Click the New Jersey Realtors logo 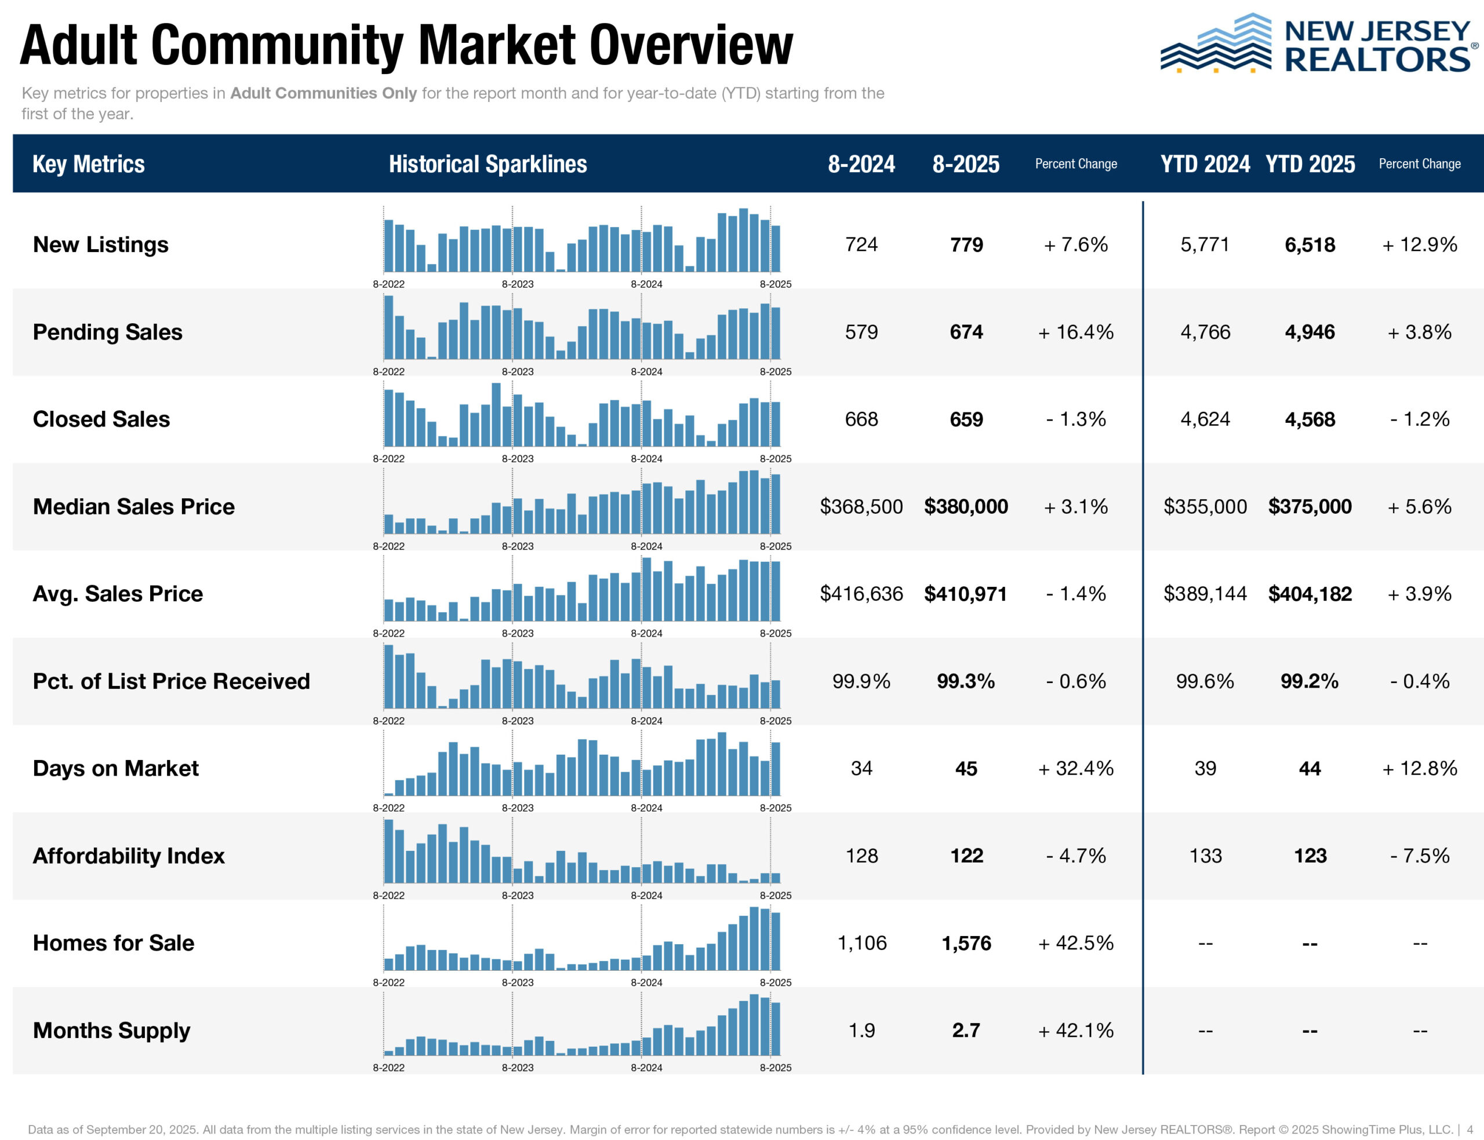1317,44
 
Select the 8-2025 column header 965,164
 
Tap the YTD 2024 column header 1205,164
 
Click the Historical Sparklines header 488,164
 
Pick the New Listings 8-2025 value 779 966,245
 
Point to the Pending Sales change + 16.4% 1075,332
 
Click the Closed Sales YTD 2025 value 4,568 1310,419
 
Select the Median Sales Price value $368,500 861,507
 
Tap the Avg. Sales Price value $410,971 965,594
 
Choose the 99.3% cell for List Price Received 965,681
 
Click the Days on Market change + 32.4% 1075,769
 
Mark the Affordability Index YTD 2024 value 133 1205,856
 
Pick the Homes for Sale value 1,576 966,943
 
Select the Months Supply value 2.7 965,1031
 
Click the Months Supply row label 111,1031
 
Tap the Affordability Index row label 128,856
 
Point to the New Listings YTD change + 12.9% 1420,245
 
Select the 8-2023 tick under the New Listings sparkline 517,284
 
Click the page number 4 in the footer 1470,1130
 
